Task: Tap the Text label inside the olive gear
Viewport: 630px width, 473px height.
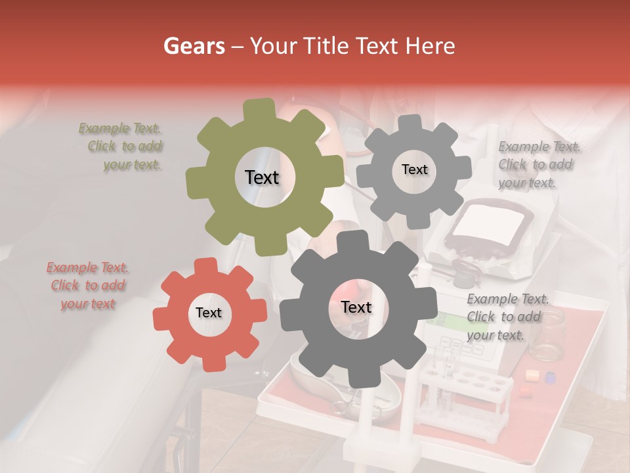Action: pos(262,177)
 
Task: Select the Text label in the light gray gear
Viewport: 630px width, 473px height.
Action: pos(414,169)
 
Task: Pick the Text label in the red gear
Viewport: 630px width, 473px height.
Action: pos(209,313)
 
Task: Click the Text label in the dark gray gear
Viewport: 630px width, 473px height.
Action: pos(356,307)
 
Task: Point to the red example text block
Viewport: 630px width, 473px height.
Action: pos(88,286)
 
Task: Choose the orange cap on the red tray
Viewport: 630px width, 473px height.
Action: pos(532,375)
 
